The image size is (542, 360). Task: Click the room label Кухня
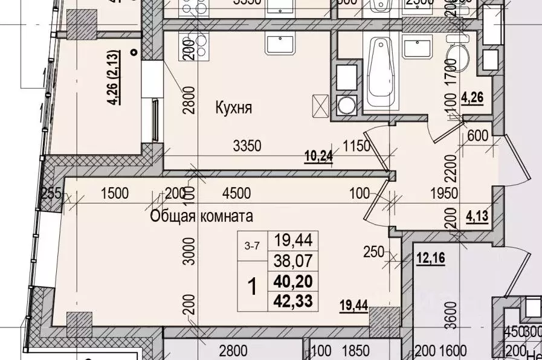point(233,108)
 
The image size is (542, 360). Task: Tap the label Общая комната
point(202,216)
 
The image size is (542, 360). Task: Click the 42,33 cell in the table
point(293,300)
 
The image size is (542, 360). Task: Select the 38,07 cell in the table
point(293,260)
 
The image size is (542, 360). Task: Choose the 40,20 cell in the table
point(293,281)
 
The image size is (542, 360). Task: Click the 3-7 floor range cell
point(253,246)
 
